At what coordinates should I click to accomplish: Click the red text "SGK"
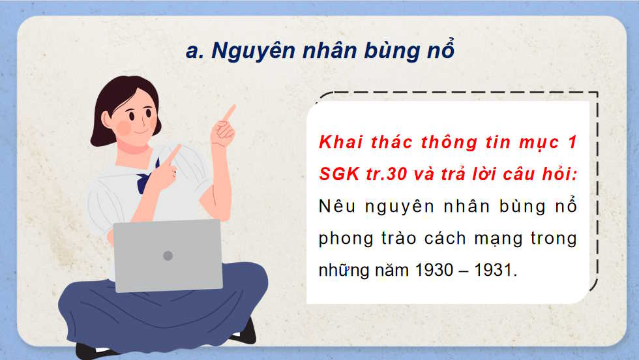coord(338,174)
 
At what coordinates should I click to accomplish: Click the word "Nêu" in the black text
coord(335,206)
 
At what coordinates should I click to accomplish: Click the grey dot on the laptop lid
coord(168,256)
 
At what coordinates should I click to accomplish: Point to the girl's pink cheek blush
coord(123,127)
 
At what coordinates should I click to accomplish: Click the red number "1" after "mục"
coord(572,142)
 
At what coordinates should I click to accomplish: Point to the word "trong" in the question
coord(554,239)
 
